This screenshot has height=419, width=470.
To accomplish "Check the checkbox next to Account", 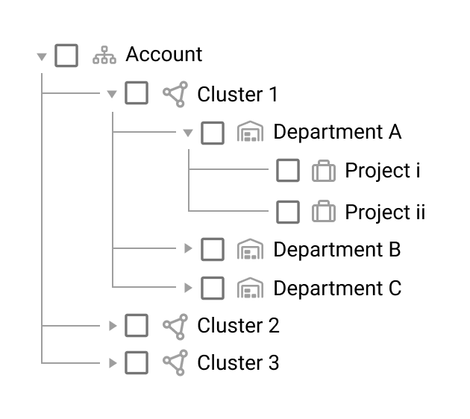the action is click(x=66, y=55).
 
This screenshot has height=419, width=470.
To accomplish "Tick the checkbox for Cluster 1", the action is click(x=137, y=93).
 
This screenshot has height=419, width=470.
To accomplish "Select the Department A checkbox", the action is click(x=213, y=133).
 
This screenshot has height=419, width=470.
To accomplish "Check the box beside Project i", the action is click(x=288, y=171).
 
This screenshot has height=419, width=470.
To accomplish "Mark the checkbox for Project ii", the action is click(x=288, y=212).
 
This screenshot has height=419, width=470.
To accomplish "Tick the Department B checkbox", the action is click(x=213, y=249).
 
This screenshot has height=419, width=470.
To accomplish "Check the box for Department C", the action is click(x=213, y=288).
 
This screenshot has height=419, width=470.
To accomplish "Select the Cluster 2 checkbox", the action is click(x=137, y=325).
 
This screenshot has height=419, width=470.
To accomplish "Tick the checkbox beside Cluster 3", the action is click(x=137, y=362).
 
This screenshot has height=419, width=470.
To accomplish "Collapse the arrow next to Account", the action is click(x=42, y=57).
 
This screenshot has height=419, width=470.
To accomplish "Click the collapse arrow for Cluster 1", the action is click(x=112, y=94).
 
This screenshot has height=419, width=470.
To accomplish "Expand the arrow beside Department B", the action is click(x=188, y=248).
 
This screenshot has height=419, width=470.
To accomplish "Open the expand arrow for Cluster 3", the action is click(x=113, y=363).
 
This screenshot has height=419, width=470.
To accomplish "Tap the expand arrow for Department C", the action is click(x=188, y=288).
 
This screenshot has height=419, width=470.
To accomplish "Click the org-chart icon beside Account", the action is click(x=104, y=55).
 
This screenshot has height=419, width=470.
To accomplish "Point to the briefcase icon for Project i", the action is click(x=324, y=171).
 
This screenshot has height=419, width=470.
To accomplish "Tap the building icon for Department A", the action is click(x=250, y=131).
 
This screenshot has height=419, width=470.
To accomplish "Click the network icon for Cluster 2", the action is click(x=175, y=327).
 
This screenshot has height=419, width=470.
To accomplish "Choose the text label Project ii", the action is click(x=385, y=212).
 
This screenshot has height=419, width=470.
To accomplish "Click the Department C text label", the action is click(x=337, y=288).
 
